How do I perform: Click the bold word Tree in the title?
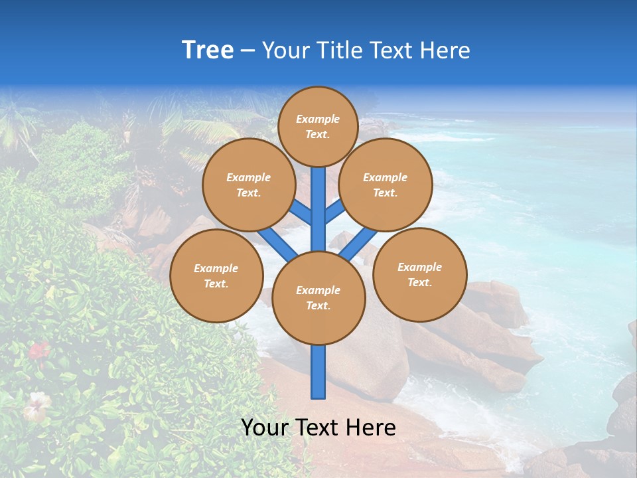[208, 50]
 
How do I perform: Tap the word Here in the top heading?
[446, 50]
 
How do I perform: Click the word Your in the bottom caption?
[265, 428]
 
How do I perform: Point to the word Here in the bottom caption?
[371, 428]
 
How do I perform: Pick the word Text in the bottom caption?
[317, 428]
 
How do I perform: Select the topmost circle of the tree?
[318, 126]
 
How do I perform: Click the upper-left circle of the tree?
[249, 185]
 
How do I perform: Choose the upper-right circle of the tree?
[386, 185]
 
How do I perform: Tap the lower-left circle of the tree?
[216, 276]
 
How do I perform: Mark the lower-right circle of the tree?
[420, 274]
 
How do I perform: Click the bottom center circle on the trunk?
[318, 297]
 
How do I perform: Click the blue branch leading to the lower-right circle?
[359, 243]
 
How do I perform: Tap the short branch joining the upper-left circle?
[301, 213]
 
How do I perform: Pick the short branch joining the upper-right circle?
[335, 212]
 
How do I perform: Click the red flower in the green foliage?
[38, 349]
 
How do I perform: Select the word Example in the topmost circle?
[318, 119]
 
